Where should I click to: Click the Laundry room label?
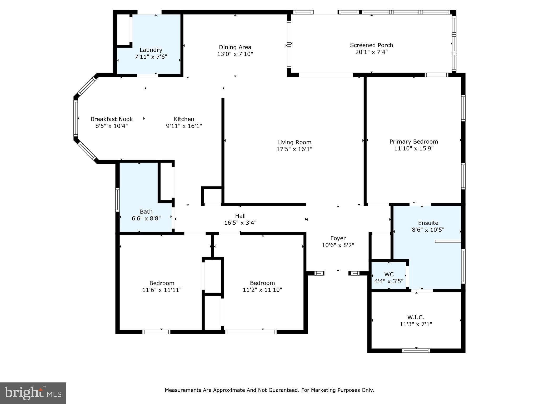point(151,50)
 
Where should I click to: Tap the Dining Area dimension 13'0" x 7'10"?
point(235,54)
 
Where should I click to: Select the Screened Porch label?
point(371,45)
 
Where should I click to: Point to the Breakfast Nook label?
point(112,119)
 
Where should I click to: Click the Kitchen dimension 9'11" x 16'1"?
point(184,126)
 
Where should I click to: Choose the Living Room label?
point(294,142)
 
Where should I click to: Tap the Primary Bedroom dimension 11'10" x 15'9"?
point(413,148)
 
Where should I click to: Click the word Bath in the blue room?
point(146,211)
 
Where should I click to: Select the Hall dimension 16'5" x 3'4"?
point(240,223)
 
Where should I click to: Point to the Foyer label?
point(338,238)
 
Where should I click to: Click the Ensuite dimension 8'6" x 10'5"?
point(428,230)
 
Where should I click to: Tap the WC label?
point(389,274)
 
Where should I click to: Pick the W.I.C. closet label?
point(416,317)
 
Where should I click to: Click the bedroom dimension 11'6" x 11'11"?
point(162,290)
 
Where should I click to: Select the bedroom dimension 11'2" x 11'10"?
point(262,290)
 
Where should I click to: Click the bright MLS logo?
point(33,393)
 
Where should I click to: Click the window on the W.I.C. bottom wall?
point(416,350)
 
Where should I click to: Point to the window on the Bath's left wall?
point(117,200)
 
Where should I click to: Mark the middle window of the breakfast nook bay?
point(76,118)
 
